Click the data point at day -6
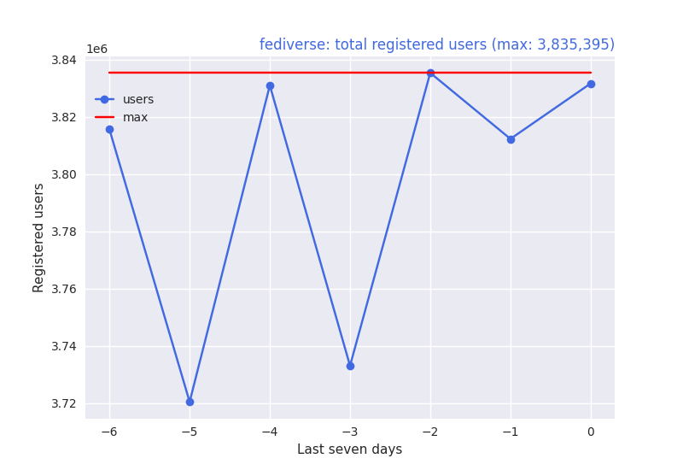(x=109, y=129)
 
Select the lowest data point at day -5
(x=190, y=402)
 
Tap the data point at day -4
(x=270, y=85)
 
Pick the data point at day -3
(x=350, y=366)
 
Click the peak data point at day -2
(x=430, y=73)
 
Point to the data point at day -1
(x=511, y=139)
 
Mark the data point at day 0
(x=591, y=84)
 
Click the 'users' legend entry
(x=137, y=99)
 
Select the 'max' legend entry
(x=135, y=117)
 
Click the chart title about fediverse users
(x=436, y=44)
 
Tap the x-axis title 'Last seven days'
(x=349, y=449)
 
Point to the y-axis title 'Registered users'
(x=38, y=238)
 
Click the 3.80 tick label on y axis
(x=65, y=174)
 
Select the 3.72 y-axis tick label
(x=65, y=403)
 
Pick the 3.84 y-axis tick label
(x=65, y=60)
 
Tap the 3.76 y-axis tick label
(x=65, y=289)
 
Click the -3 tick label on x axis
(x=349, y=432)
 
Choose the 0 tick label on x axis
(x=591, y=432)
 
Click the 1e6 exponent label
(x=96, y=49)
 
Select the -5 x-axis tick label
(x=189, y=432)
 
